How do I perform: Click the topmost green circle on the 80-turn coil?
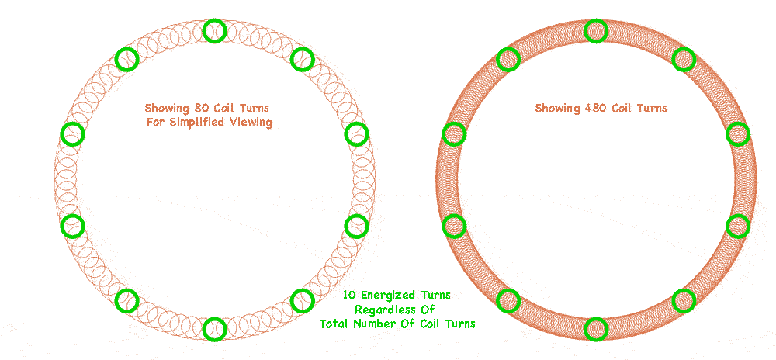[214, 31]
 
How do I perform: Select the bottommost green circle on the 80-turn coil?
[214, 328]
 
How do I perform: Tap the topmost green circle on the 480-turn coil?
[595, 30]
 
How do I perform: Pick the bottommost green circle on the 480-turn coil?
[595, 328]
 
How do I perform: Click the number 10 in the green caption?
[349, 296]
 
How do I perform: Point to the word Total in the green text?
[335, 324]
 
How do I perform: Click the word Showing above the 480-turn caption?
[557, 108]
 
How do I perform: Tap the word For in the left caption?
[156, 123]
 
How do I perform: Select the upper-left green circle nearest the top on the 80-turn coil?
[126, 58]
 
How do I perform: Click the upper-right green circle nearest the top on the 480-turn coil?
[683, 59]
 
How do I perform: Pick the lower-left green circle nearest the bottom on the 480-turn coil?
[508, 300]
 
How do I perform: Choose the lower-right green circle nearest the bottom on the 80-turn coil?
[302, 299]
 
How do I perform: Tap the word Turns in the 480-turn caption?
[651, 108]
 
